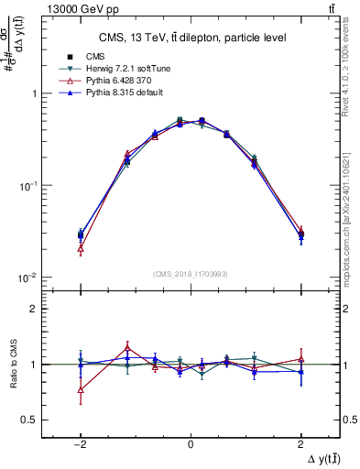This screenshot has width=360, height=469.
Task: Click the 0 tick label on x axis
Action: point(190,443)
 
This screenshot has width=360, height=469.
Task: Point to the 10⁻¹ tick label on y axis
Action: point(26,186)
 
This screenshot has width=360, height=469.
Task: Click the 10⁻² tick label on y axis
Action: point(26,278)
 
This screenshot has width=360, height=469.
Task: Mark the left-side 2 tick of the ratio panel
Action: point(32,310)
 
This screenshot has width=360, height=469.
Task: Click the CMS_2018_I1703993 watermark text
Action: point(191,274)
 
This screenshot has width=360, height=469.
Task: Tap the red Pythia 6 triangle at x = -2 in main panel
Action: point(81,248)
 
